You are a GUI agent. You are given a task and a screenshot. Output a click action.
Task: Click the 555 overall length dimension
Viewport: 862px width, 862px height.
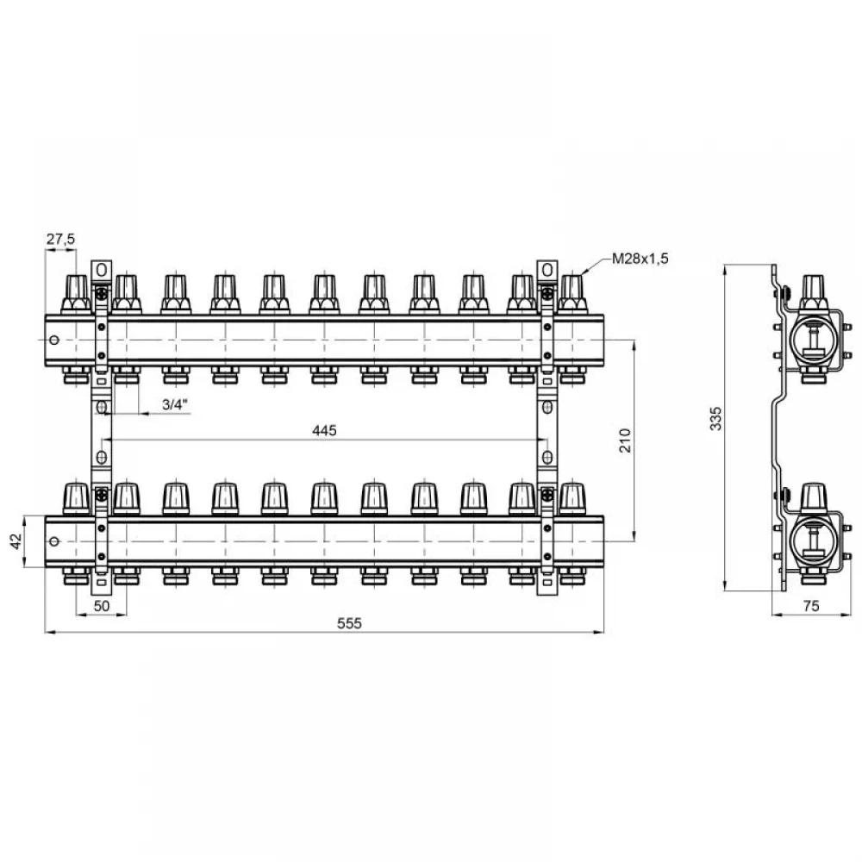[x=350, y=623]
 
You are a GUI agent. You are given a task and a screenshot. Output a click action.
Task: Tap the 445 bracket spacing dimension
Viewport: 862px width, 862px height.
[x=324, y=430]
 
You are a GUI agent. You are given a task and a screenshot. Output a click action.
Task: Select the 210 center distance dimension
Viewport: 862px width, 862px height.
[x=625, y=440]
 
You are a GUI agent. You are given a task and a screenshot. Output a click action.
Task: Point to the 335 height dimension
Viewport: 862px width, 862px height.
[x=715, y=419]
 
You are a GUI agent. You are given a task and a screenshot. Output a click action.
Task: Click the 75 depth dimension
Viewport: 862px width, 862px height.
[x=811, y=606]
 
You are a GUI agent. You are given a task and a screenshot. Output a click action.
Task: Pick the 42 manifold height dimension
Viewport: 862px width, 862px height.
[x=16, y=541]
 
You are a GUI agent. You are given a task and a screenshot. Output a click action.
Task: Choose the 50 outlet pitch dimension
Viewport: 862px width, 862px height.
[x=102, y=606]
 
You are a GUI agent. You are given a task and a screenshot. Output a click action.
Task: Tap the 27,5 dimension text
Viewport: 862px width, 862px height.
[x=60, y=239]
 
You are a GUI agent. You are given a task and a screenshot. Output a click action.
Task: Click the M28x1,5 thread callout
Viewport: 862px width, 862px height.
[x=640, y=259]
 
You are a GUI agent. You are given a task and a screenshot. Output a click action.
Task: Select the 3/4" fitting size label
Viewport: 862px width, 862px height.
[x=175, y=404]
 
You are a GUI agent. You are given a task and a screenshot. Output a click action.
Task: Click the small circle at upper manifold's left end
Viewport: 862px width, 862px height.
[x=53, y=340]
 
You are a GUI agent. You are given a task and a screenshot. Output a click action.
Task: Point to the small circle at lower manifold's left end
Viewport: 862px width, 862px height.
[x=53, y=541]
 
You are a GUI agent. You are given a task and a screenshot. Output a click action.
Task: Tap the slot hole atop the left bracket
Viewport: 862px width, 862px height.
[x=101, y=270]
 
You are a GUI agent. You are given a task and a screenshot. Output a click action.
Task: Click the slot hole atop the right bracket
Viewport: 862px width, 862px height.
[x=547, y=270]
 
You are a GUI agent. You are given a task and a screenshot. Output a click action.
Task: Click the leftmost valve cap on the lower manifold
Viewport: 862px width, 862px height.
[x=77, y=497]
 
